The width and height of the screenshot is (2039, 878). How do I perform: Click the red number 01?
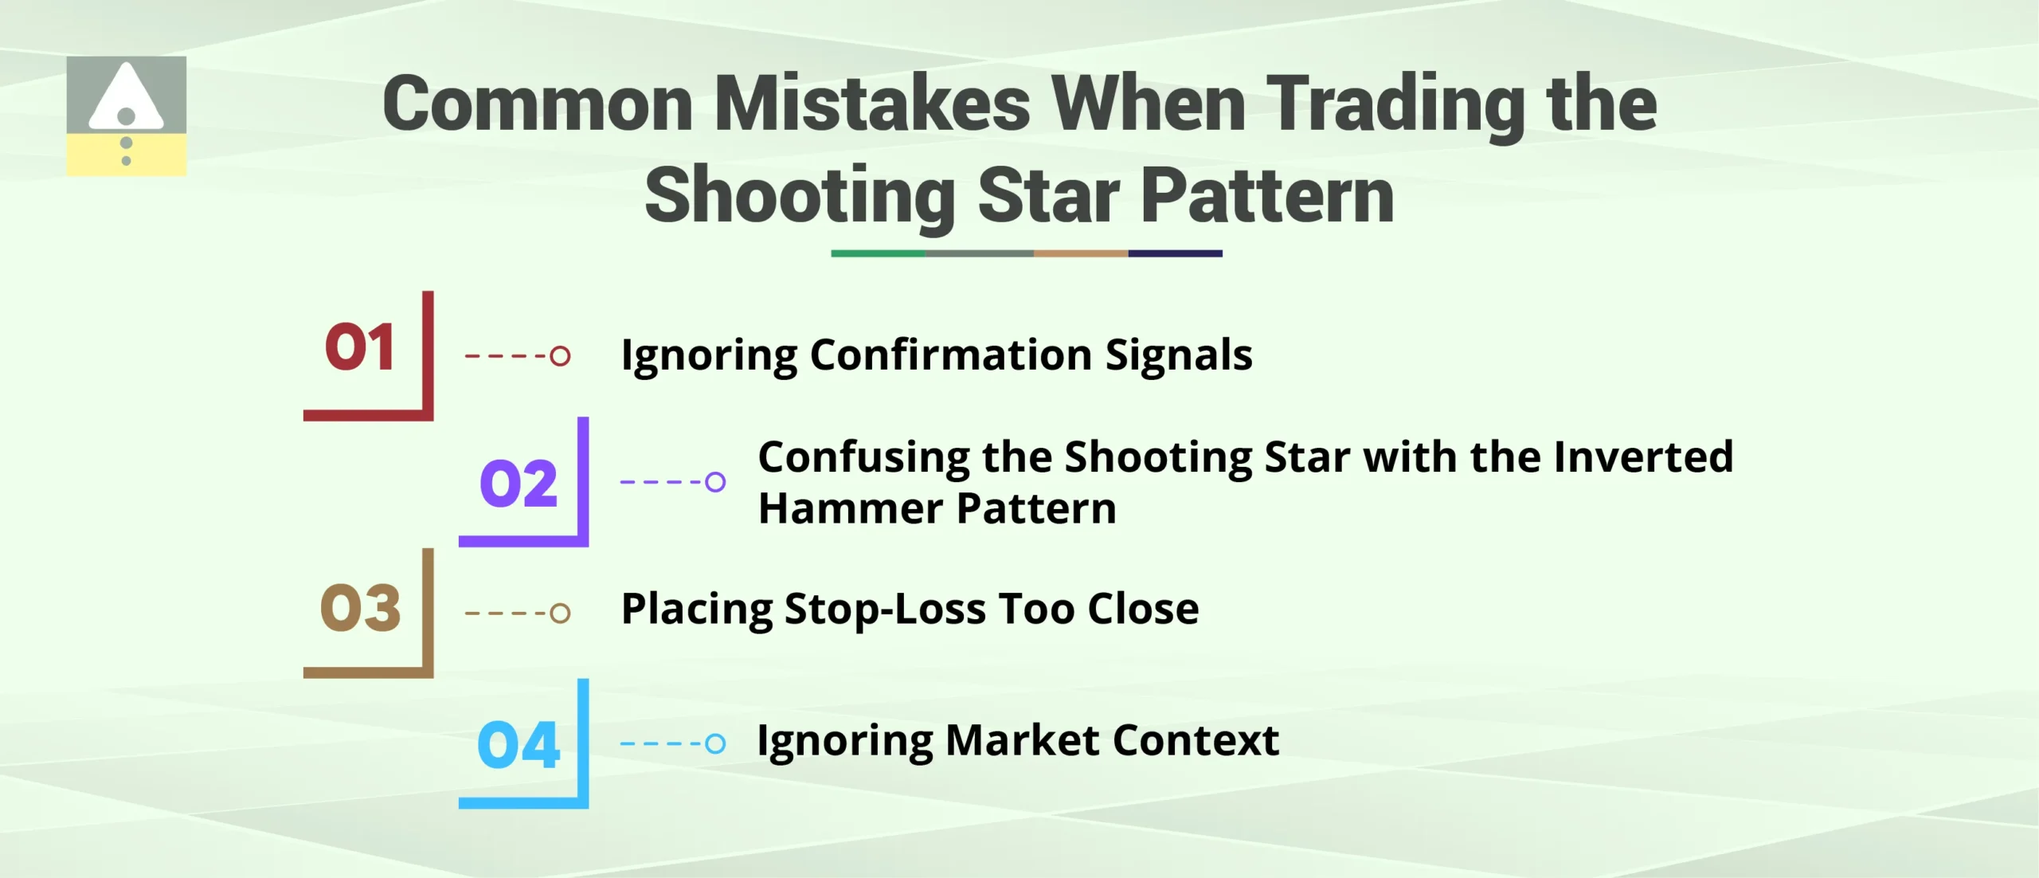click(359, 347)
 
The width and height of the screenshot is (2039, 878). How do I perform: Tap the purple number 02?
click(518, 483)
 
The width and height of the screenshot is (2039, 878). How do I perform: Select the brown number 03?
click(360, 608)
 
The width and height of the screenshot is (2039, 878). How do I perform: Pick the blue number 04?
click(519, 745)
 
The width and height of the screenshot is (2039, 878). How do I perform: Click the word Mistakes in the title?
click(872, 104)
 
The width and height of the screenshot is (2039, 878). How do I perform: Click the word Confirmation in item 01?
click(950, 355)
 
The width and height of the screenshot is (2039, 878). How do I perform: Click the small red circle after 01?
click(560, 355)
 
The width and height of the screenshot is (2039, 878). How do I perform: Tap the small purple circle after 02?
click(715, 482)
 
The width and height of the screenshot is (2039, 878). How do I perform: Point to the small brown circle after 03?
click(560, 613)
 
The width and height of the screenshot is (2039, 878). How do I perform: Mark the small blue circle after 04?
click(715, 743)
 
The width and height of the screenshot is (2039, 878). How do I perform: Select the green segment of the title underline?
click(878, 253)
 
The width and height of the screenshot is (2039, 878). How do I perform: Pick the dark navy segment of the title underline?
click(1175, 253)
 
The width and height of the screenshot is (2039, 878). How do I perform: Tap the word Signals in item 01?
click(1179, 355)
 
